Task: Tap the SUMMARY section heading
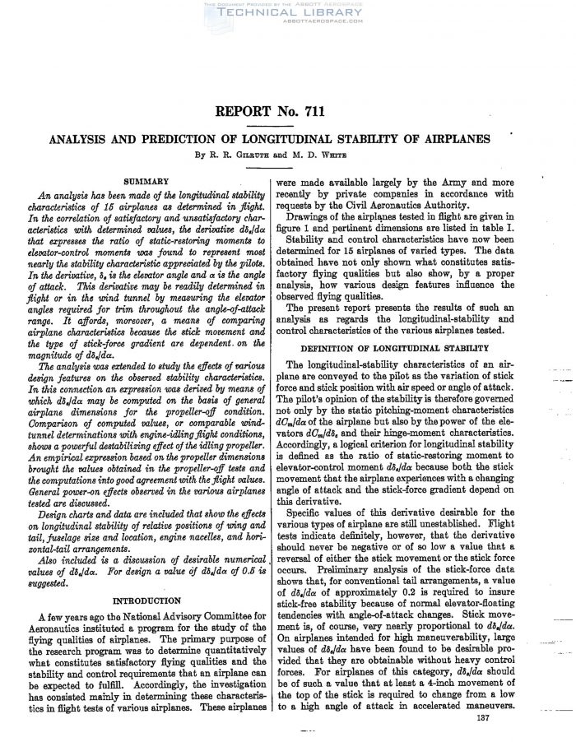click(146, 180)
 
